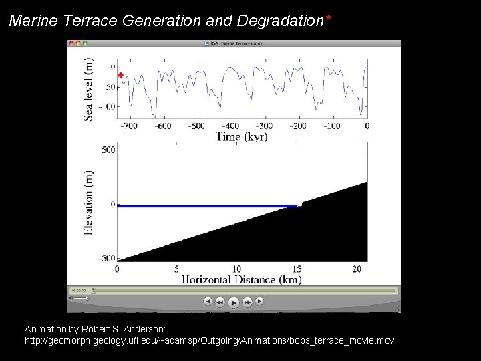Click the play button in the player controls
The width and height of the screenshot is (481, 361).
[x=233, y=302]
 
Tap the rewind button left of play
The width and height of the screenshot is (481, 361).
[x=220, y=302]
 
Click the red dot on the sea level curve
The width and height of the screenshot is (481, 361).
[x=121, y=75]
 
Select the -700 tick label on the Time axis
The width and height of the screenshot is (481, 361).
[x=128, y=126]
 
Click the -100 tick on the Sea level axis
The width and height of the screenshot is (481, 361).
[x=106, y=106]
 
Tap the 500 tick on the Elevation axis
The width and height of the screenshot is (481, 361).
[x=106, y=150]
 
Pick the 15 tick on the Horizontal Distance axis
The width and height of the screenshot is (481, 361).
[x=296, y=269]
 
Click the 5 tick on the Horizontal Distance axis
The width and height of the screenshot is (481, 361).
[x=177, y=269]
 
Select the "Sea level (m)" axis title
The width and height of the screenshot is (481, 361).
[x=89, y=90]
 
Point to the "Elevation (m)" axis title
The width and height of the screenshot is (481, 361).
[x=89, y=203]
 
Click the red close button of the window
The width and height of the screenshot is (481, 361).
[x=71, y=43]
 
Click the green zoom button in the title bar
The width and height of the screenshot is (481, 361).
[x=85, y=43]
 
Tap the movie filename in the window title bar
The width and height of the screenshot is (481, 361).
[x=234, y=43]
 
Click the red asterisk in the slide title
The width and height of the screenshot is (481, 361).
[x=328, y=17]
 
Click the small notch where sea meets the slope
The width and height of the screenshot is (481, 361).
[x=301, y=205]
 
